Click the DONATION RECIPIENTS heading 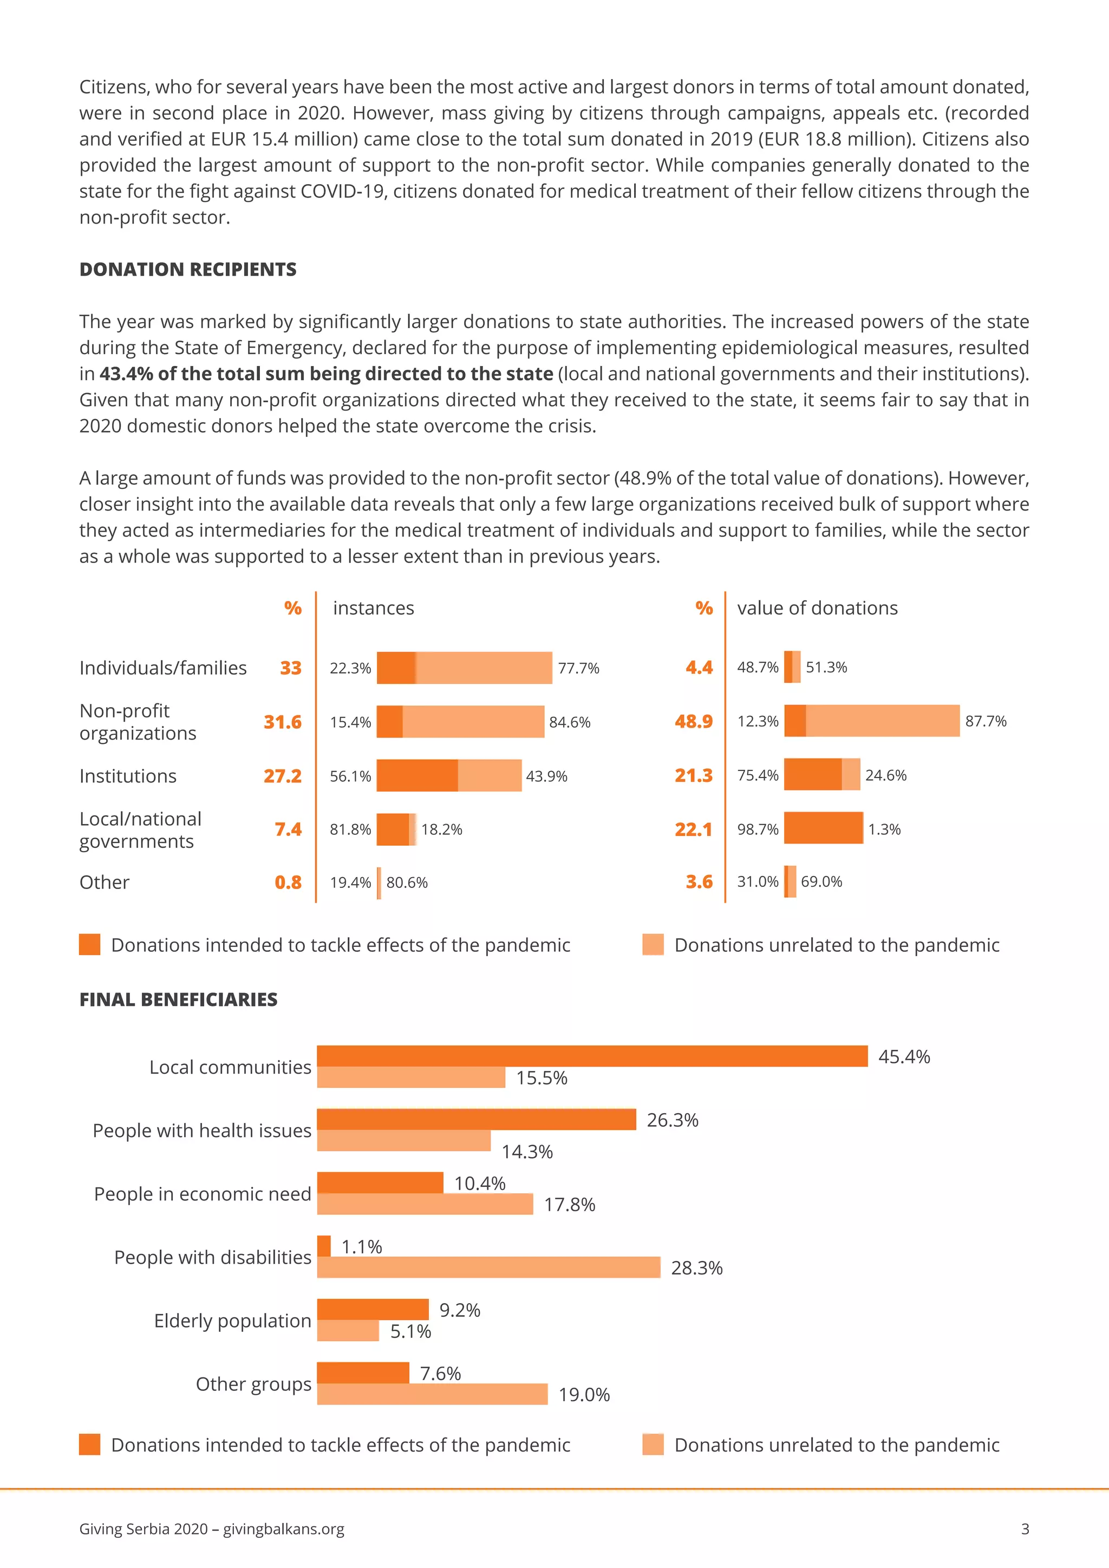(188, 269)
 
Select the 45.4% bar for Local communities (592, 1056)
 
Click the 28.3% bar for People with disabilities (488, 1268)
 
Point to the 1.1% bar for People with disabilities (324, 1246)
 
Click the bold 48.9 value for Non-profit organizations (693, 721)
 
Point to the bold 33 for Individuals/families (290, 668)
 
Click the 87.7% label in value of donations (986, 721)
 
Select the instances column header (374, 608)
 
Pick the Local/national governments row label (140, 830)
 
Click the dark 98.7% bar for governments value (823, 828)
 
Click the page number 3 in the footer (1025, 1529)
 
